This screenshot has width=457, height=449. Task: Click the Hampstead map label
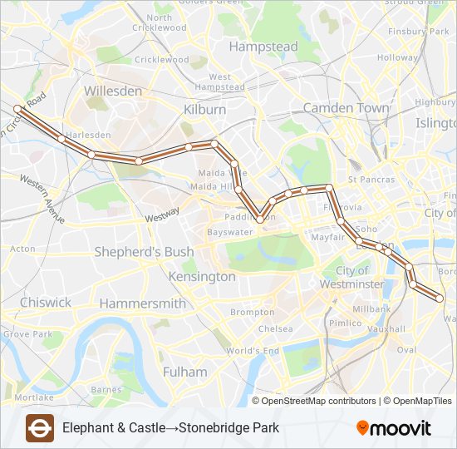(263, 47)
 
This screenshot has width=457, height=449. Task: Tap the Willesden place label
(113, 91)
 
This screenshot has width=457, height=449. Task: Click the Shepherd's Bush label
(144, 252)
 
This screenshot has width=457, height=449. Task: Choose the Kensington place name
(202, 276)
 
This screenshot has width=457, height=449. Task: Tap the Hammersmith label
(142, 303)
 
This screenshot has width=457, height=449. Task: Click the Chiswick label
(46, 303)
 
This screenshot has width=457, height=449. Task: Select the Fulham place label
(185, 372)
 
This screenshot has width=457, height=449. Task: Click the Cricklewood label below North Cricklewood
(161, 60)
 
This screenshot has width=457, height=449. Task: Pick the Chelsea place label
(275, 329)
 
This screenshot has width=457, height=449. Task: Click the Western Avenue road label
(42, 200)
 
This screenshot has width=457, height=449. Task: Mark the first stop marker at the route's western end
(17, 108)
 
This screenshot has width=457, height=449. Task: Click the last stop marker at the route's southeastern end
(440, 298)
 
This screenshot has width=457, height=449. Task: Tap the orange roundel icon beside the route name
(40, 428)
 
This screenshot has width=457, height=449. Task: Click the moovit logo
(394, 428)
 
